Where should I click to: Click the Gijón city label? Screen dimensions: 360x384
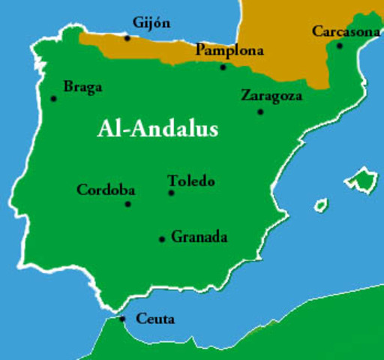coord(151,23)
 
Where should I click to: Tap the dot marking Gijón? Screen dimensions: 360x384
coord(127,37)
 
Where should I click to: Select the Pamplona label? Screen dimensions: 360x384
coord(229,51)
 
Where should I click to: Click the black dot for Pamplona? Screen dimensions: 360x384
coord(223,67)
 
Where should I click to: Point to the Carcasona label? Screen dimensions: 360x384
coord(346,31)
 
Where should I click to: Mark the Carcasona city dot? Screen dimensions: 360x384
coord(340,46)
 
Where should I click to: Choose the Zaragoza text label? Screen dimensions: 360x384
coord(271,96)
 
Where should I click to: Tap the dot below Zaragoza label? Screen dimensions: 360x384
coord(260,112)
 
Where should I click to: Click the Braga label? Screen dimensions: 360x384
coord(82,87)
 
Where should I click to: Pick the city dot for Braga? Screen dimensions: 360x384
coord(53,98)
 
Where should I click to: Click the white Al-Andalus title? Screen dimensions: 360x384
coord(157,129)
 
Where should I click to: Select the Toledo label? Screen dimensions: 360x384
coord(191,181)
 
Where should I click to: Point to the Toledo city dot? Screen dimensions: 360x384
coord(171,193)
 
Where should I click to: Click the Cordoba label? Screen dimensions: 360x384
coord(106,190)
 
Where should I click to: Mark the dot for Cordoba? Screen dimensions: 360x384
coord(127,203)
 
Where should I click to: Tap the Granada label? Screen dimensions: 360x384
coord(199,238)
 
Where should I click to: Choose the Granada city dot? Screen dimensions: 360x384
coord(161,239)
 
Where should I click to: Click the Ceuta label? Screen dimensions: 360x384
coord(155,319)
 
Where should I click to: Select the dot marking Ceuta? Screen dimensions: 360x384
coord(122,319)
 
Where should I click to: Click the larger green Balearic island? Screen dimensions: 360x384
coord(361,180)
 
